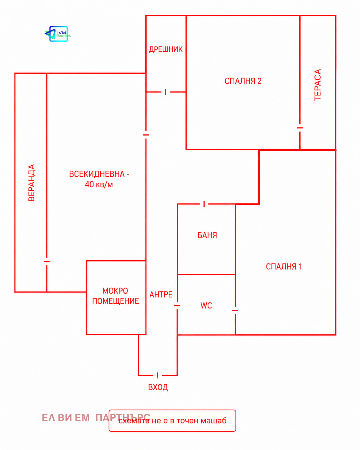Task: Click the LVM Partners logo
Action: point(57,34)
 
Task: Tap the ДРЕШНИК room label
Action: point(166,49)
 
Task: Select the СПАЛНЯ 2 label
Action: point(243,81)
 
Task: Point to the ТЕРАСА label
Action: point(318,85)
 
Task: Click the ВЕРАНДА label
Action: point(31,183)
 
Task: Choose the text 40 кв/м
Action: point(99,185)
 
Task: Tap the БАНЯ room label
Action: point(207,236)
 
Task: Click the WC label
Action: point(206,306)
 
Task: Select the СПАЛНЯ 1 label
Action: point(284,267)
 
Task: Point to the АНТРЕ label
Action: point(161,295)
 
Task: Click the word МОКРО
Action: point(115,291)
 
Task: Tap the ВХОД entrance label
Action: point(158,387)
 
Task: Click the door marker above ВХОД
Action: point(158,375)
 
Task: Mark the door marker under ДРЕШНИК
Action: point(166,92)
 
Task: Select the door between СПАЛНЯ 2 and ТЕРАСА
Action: point(300,128)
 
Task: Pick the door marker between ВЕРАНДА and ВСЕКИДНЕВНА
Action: point(47,262)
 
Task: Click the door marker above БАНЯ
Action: point(204,204)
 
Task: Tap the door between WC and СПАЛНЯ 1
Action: point(235,310)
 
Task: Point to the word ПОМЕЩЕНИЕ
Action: point(116,301)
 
